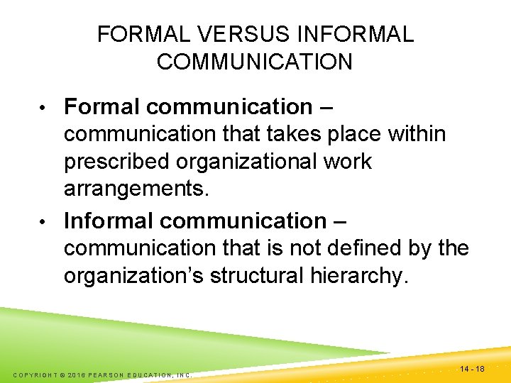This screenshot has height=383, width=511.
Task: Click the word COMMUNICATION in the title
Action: (x=255, y=62)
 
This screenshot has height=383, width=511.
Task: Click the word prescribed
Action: (x=118, y=162)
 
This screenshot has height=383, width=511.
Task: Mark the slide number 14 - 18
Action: (x=472, y=369)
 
